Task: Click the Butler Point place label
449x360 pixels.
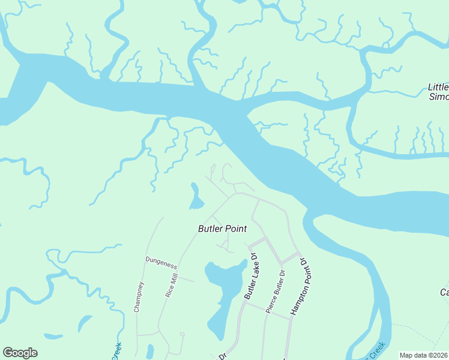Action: pos(223,229)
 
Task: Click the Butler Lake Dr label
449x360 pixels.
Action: pos(250,277)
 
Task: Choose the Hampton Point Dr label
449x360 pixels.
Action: pos(298,287)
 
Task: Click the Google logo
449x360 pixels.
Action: pos(20,353)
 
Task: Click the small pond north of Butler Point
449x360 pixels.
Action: pos(196,197)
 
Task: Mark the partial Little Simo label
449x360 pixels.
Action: pos(439,92)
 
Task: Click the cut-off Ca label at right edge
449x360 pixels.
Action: pos(444,292)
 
